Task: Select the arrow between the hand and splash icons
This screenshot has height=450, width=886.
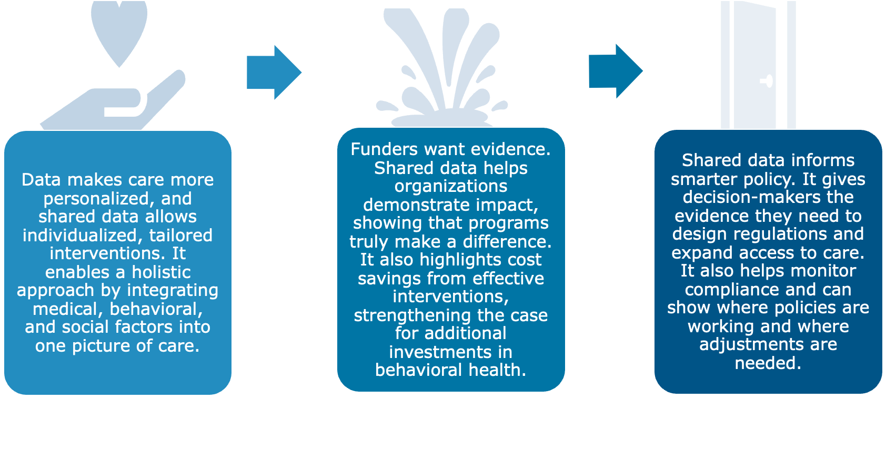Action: point(274,73)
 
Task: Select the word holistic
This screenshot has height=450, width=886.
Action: point(161,272)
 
